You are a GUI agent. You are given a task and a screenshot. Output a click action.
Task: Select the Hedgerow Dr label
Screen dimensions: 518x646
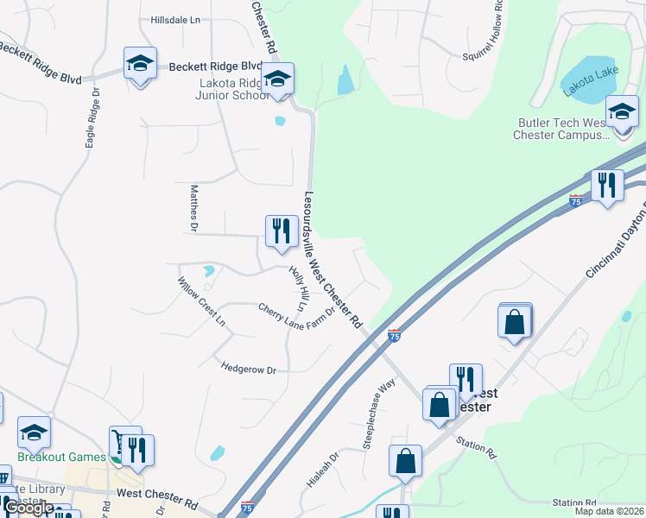point(248,369)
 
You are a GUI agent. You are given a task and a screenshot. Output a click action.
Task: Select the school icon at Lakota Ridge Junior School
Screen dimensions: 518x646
point(277,80)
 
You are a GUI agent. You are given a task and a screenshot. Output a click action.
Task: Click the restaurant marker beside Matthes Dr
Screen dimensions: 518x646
point(281,231)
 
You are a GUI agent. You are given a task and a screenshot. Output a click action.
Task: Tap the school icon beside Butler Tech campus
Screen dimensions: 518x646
point(621,112)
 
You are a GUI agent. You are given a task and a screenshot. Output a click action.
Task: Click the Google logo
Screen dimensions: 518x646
point(29,508)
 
